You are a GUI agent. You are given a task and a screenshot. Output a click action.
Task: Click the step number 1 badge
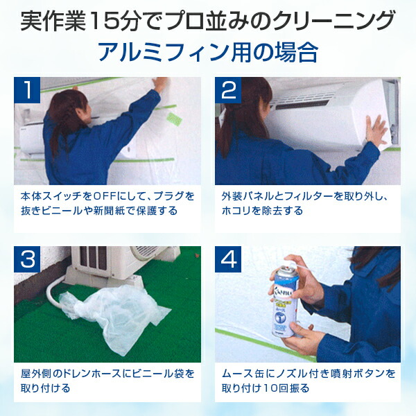click(28, 90)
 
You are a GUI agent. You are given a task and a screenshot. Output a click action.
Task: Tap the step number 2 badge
click(229, 90)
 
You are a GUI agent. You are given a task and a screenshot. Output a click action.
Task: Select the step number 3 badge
click(28, 260)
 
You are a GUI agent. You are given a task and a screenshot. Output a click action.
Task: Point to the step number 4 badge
click(229, 260)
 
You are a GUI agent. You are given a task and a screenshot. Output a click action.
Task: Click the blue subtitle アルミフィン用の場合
click(207, 53)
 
